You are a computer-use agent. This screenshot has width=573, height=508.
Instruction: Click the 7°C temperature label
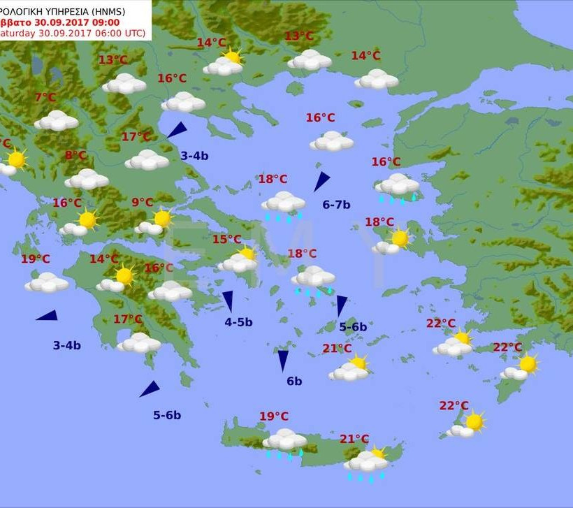click(x=45, y=97)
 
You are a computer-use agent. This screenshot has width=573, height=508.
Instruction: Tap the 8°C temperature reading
click(x=75, y=155)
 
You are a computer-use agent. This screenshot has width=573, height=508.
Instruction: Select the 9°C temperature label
click(x=142, y=203)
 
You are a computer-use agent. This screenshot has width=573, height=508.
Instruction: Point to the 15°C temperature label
click(x=226, y=239)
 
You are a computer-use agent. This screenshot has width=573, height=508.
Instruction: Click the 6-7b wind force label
click(x=336, y=205)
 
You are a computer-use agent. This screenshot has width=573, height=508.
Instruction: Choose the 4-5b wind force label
click(x=238, y=322)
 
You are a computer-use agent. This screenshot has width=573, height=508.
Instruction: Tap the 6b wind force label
click(x=294, y=381)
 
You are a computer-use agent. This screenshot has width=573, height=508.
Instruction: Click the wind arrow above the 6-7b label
click(x=321, y=181)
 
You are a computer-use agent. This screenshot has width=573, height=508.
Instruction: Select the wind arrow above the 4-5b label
click(x=228, y=301)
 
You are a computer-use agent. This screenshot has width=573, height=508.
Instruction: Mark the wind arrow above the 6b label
click(x=283, y=360)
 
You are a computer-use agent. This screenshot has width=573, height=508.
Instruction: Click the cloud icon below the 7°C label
click(x=56, y=121)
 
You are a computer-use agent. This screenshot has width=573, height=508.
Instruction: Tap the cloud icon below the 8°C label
click(x=87, y=179)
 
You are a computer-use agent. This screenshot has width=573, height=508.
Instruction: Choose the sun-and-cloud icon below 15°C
click(x=238, y=261)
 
